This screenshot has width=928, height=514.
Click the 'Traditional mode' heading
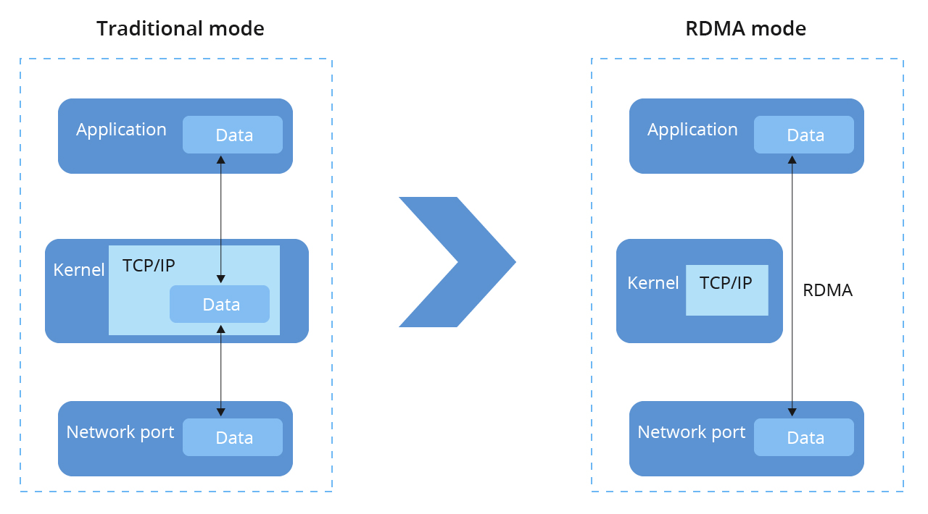(x=180, y=29)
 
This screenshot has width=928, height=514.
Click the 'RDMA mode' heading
(x=745, y=29)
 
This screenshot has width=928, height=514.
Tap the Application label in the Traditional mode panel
(x=121, y=130)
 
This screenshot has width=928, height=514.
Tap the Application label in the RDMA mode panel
(x=692, y=130)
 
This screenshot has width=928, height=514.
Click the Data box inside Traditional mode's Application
(x=233, y=135)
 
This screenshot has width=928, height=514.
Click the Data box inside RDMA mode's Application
(x=804, y=135)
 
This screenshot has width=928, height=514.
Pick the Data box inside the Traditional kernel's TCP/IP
(x=220, y=304)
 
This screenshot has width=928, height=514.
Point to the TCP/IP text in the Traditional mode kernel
(x=149, y=265)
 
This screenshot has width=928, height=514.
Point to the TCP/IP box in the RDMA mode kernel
(x=726, y=290)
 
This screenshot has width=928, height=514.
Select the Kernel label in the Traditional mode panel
(x=79, y=270)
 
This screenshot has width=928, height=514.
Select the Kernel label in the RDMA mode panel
(x=652, y=283)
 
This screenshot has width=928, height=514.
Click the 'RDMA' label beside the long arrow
(x=827, y=291)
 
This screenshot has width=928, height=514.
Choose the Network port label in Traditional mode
(x=120, y=432)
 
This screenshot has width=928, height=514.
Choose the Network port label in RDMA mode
(x=691, y=432)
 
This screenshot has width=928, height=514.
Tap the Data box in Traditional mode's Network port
(x=233, y=437)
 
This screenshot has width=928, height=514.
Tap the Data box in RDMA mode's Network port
(x=804, y=437)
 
